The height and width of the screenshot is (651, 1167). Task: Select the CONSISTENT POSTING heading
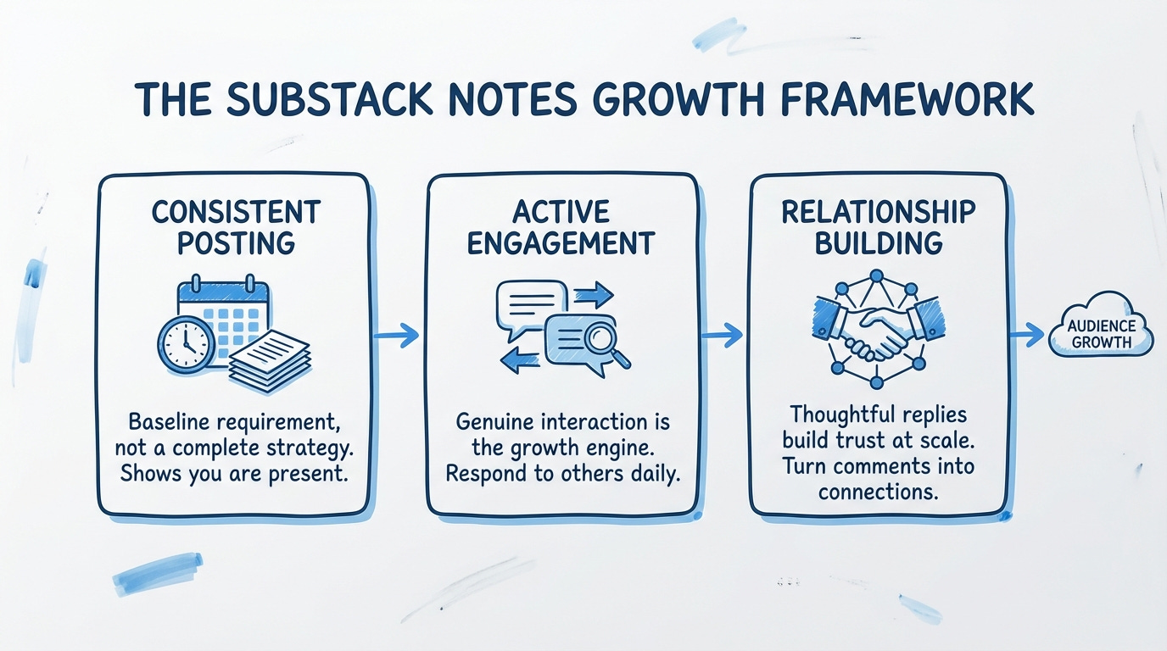pyautogui.click(x=236, y=226)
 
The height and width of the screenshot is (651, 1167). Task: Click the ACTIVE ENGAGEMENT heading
pyautogui.click(x=561, y=226)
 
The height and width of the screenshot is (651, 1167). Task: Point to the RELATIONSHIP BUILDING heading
pyautogui.click(x=879, y=226)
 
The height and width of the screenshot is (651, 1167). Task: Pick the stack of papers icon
pyautogui.click(x=270, y=360)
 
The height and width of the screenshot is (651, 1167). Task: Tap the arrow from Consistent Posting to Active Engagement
pyautogui.click(x=397, y=335)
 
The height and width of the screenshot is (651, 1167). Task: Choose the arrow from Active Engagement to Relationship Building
pyautogui.click(x=721, y=335)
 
